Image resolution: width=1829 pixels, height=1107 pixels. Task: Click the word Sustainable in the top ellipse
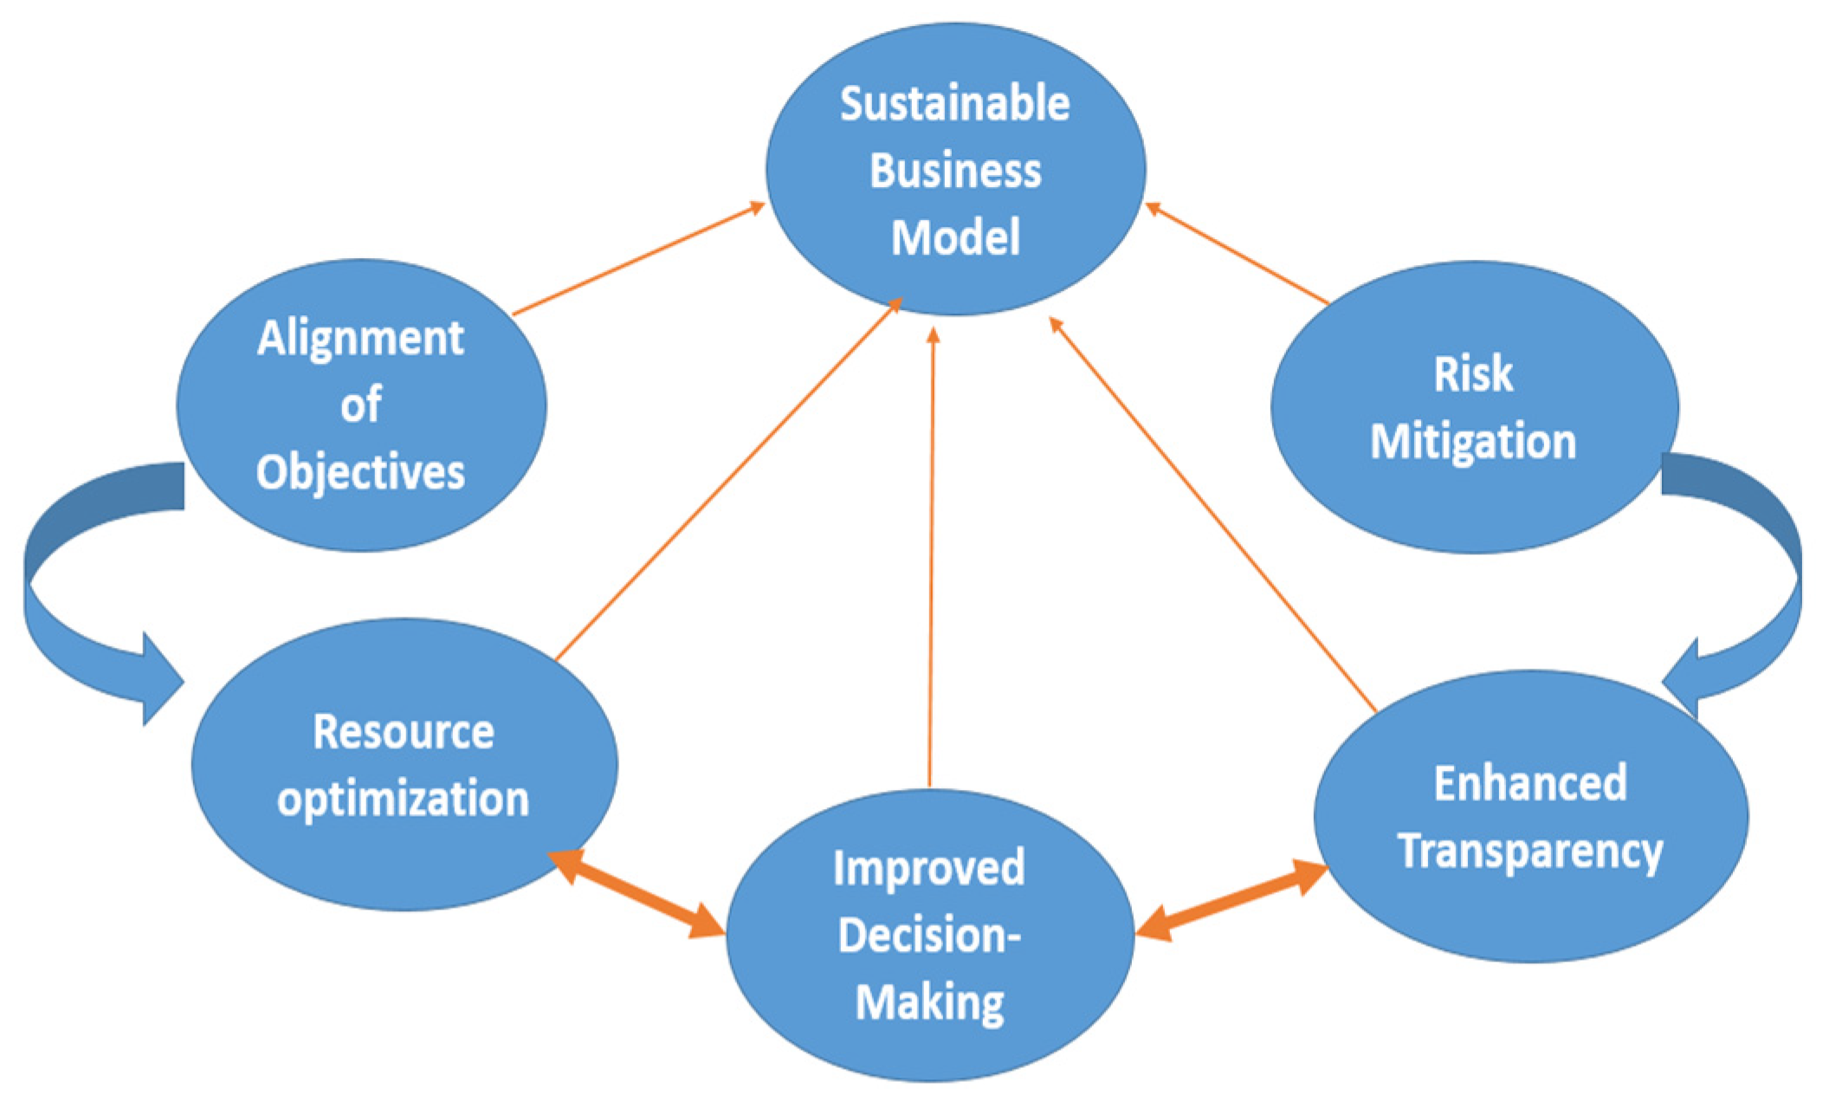pos(954,105)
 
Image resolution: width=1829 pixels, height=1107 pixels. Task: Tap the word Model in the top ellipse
pos(955,237)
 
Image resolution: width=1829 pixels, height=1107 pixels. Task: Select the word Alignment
pos(360,339)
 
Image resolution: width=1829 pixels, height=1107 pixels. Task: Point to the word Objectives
pos(360,473)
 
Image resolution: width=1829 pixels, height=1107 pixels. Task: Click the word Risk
pos(1472,374)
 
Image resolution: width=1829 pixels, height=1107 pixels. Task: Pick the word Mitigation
pos(1472,442)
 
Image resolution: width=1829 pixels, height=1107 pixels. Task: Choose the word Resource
pos(403,732)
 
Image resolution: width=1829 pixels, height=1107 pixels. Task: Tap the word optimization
pos(403,799)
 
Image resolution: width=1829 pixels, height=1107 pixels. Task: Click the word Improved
pos(928,868)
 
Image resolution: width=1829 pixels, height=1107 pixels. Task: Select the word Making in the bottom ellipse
pos(928,1002)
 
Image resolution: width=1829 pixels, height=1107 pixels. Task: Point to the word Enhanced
pos(1529,784)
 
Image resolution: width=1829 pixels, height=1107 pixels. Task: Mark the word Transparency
pos(1529,851)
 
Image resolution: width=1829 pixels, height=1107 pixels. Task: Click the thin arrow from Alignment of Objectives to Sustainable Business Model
pos(639,259)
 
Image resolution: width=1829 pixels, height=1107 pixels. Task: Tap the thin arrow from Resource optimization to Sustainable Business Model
pos(727,480)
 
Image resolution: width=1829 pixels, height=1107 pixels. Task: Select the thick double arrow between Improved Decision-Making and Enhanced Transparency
pos(1231,901)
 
